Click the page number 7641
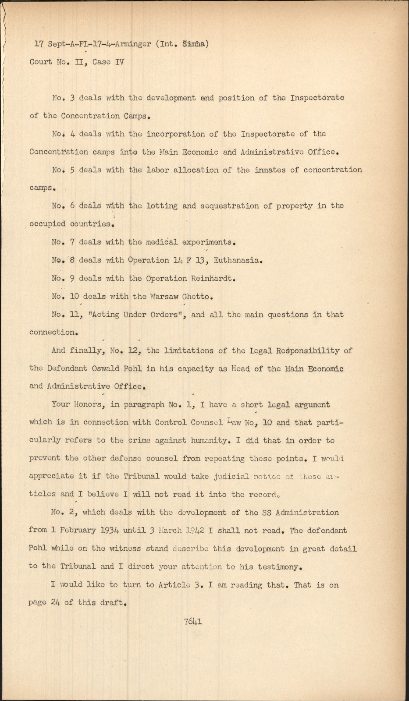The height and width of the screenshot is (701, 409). point(193,621)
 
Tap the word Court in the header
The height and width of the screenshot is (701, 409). point(40,62)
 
